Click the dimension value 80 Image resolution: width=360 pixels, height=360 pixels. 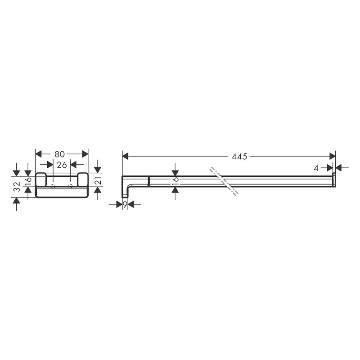click(x=60, y=154)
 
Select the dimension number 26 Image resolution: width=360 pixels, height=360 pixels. click(x=62, y=165)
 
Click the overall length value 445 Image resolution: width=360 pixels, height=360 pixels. click(x=239, y=157)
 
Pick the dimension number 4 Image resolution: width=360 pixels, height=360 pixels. click(x=316, y=168)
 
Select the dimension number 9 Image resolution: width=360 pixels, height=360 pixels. click(x=125, y=204)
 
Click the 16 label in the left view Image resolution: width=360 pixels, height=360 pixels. click(x=28, y=181)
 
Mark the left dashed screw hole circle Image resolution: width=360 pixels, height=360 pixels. click(x=53, y=186)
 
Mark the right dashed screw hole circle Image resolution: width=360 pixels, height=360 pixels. click(x=70, y=186)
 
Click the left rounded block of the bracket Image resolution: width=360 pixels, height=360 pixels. click(x=41, y=180)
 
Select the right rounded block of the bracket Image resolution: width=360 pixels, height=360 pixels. click(x=83, y=180)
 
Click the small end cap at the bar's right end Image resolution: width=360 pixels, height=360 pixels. click(x=334, y=179)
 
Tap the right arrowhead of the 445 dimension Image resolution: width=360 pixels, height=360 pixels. click(x=333, y=156)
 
